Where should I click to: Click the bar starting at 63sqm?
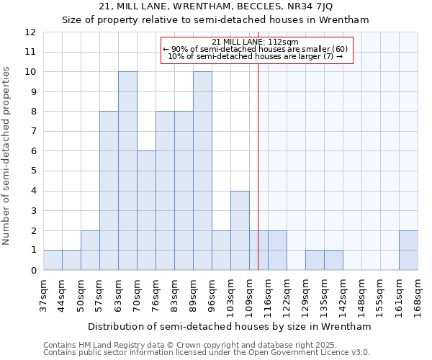[127, 171]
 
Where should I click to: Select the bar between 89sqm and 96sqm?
[202, 171]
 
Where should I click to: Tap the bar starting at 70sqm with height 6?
[146, 210]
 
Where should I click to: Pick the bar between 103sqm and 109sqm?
[240, 230]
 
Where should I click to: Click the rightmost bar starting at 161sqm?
[408, 251]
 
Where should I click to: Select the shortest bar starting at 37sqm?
[53, 260]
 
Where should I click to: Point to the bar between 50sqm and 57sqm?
[90, 251]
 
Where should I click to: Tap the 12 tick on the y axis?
[30, 32]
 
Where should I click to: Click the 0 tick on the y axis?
[33, 270]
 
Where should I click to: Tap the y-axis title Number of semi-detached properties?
[6, 156]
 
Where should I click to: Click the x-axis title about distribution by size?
[230, 326]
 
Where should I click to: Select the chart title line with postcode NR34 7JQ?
[215, 7]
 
